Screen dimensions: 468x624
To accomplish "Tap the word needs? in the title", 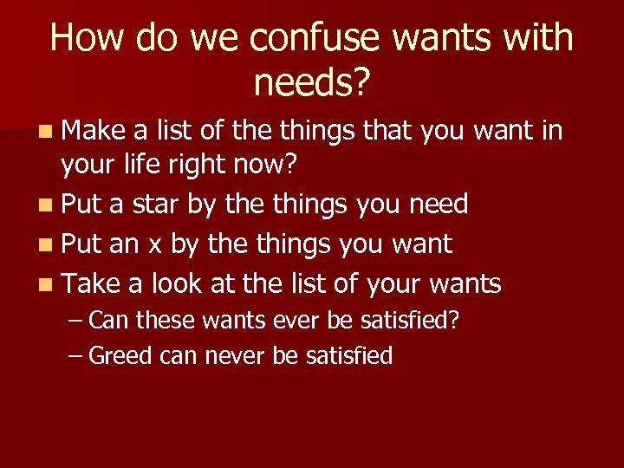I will pos(312,83).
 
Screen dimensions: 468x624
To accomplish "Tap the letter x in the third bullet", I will pos(155,244).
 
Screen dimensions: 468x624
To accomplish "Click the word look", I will pos(179,283).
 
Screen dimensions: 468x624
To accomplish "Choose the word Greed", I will pos(121,355).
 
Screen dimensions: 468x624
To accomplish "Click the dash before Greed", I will pos(75,355).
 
